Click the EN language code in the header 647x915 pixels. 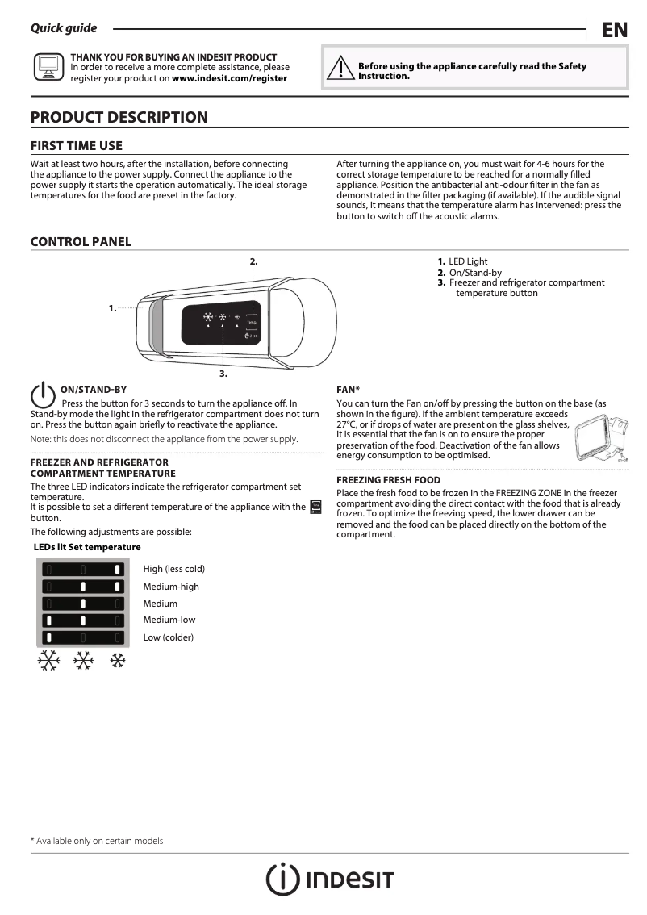[614, 30]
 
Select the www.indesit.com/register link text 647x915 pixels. [229, 79]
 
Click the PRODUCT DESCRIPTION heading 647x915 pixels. [119, 117]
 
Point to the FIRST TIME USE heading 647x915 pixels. [77, 146]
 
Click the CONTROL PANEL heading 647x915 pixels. [81, 242]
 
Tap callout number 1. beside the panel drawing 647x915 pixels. [113, 308]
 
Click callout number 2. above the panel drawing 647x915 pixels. [253, 261]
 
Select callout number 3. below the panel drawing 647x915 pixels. [223, 374]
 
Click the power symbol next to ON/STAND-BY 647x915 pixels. [42, 395]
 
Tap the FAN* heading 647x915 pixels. [348, 390]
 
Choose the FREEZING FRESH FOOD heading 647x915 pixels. [388, 480]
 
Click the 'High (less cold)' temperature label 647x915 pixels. [173, 570]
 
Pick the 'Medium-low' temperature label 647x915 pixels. [169, 620]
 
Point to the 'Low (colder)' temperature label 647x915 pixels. [168, 637]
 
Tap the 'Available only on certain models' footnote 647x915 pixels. [97, 841]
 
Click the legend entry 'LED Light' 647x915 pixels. [468, 261]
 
